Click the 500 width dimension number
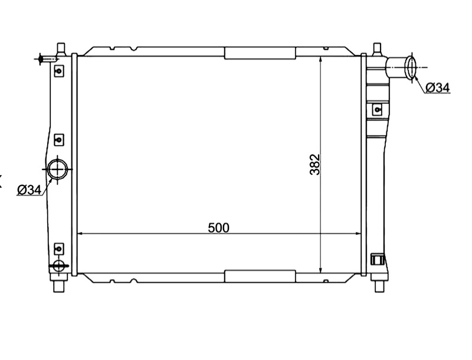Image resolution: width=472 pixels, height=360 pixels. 218,228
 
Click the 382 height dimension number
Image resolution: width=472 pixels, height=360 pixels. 315,165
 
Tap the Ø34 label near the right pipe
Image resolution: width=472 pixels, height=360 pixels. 438,87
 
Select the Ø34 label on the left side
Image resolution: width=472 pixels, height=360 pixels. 29,190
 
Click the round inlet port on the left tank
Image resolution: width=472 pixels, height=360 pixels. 57,169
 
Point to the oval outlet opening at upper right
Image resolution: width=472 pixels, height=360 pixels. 411,67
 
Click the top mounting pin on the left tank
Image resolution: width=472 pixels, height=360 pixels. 61,48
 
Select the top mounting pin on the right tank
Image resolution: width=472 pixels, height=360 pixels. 377,48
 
